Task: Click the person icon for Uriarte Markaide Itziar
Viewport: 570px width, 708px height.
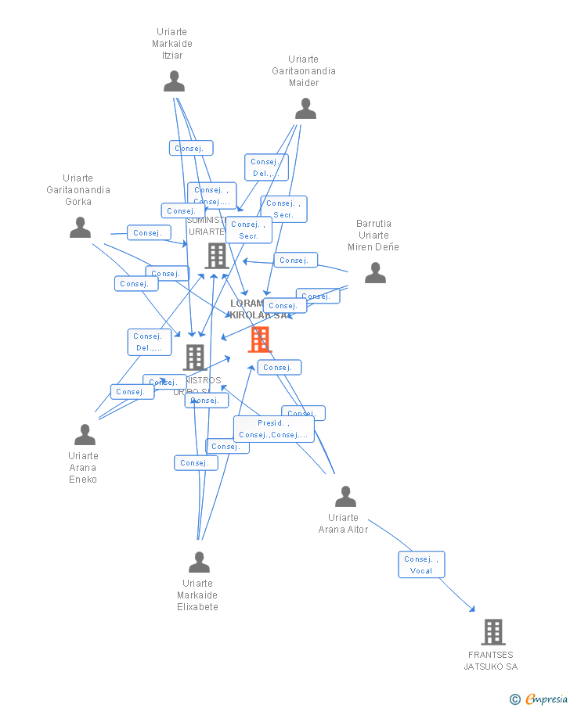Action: click(x=174, y=81)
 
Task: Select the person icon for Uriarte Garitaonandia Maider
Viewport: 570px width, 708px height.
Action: click(x=305, y=109)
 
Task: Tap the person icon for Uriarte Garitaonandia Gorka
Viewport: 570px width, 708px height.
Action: click(x=80, y=228)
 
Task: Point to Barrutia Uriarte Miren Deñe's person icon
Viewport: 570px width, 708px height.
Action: click(x=375, y=273)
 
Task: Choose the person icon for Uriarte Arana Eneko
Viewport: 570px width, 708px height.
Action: click(x=85, y=435)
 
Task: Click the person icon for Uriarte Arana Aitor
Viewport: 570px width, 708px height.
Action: click(x=345, y=497)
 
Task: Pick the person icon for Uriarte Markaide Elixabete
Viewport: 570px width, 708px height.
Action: click(x=199, y=562)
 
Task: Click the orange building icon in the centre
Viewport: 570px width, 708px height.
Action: click(x=259, y=340)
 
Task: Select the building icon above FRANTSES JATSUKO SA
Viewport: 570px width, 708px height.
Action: click(x=492, y=631)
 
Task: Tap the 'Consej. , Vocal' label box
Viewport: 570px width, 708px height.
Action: click(x=421, y=565)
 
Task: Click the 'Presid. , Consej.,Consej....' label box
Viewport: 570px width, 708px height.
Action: click(x=273, y=429)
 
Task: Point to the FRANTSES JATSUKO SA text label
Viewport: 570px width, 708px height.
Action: click(x=491, y=661)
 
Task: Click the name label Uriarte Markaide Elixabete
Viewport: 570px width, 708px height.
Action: click(x=197, y=595)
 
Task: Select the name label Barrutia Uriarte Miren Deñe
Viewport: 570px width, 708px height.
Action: click(x=373, y=235)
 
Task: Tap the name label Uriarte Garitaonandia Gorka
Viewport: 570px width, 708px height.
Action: click(x=78, y=190)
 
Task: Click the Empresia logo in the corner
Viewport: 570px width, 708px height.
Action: click(x=539, y=699)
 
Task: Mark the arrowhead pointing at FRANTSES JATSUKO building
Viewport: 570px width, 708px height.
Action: click(x=472, y=609)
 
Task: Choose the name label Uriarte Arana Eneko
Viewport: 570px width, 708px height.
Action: click(x=83, y=468)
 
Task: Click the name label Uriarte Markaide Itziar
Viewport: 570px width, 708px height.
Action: click(x=172, y=44)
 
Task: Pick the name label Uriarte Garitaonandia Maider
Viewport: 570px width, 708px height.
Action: click(x=304, y=71)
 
